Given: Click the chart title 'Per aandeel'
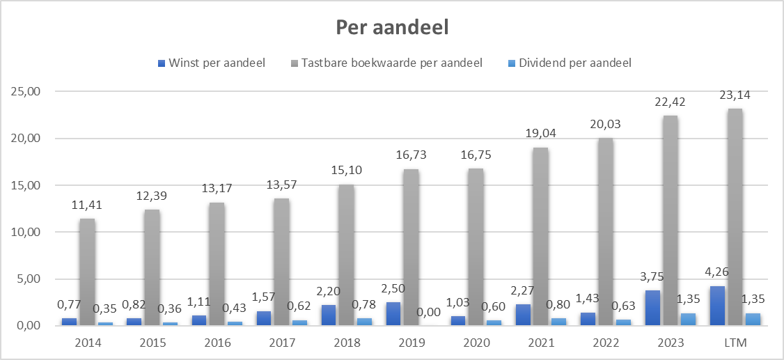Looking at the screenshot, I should click(x=392, y=27).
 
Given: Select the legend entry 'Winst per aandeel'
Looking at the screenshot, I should click(x=217, y=63).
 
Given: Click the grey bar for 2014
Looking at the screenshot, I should click(x=87, y=272).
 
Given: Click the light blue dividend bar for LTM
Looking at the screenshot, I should click(x=752, y=319).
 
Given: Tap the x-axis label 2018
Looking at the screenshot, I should click(x=346, y=343).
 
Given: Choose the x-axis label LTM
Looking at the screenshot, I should click(x=735, y=343).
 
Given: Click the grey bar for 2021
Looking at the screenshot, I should click(x=540, y=236).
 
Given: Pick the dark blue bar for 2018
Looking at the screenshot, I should click(x=329, y=315).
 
